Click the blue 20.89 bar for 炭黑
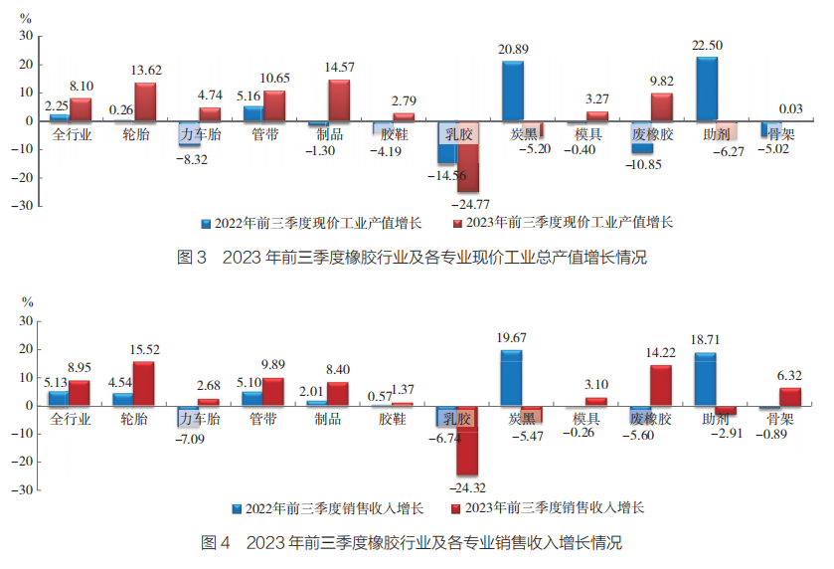513,92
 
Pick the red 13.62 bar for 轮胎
145,102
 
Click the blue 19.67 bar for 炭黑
513,378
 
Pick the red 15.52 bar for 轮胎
145,384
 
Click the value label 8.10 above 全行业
82,87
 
